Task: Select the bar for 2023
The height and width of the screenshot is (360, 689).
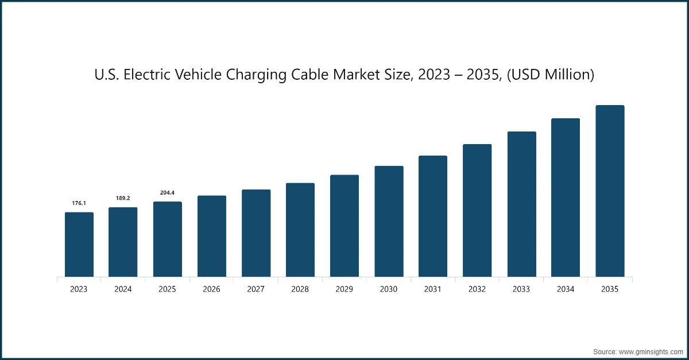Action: point(79,245)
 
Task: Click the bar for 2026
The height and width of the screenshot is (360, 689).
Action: point(211,237)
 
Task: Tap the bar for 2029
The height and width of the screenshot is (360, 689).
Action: point(344,226)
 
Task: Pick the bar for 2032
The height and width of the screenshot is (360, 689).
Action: point(477,211)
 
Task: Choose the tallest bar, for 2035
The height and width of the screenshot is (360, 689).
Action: point(610,191)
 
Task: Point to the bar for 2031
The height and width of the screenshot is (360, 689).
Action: point(433,216)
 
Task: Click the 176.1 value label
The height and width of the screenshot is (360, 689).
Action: point(79,203)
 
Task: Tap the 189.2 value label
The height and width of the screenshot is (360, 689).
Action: point(123,198)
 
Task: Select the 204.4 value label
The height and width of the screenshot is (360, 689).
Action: point(167,192)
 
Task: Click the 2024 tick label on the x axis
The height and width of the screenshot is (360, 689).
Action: point(123,289)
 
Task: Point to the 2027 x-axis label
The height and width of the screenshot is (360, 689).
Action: point(256,289)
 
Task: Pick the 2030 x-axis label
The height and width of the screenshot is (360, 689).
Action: point(389,289)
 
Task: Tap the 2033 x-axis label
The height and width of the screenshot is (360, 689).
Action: point(521,289)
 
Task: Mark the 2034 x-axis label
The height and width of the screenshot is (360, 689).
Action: point(566,289)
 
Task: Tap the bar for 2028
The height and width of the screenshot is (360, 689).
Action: point(300,230)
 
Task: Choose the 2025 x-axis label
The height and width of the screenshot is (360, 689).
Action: point(167,289)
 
